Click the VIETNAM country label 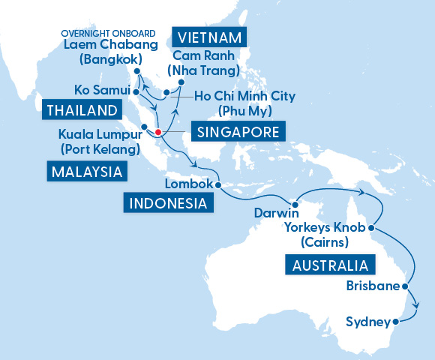[x=210, y=37]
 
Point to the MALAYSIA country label [x=87, y=172]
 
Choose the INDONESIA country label [x=167, y=202]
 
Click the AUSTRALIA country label [x=330, y=265]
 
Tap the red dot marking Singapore [x=158, y=133]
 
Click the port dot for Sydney [x=395, y=323]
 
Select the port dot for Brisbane [x=406, y=286]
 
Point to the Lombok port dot [x=217, y=184]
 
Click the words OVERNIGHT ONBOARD [x=108, y=33]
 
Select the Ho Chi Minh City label [x=244, y=96]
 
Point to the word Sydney [x=367, y=322]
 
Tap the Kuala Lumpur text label [x=98, y=135]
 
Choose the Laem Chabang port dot [x=137, y=73]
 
